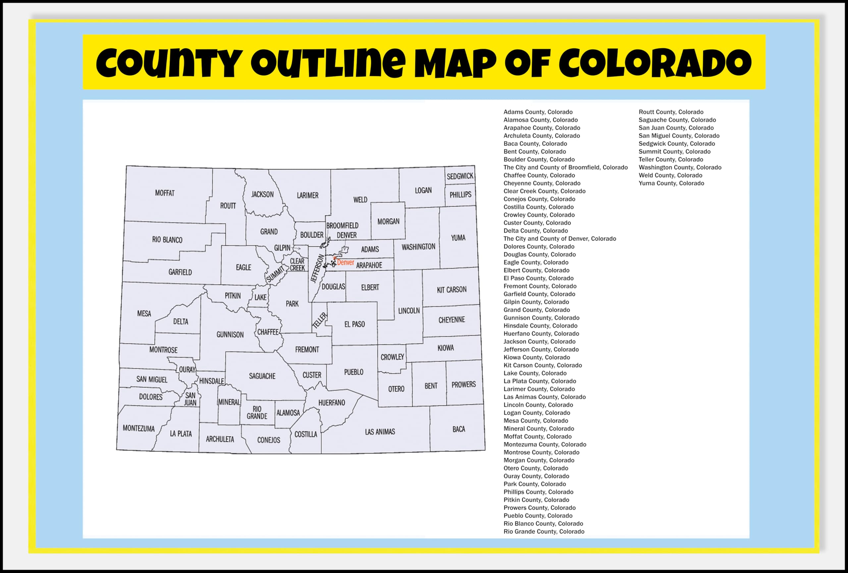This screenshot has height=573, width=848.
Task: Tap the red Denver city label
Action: click(345, 262)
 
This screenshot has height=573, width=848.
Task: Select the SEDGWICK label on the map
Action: click(460, 176)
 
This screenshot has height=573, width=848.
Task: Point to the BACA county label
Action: click(459, 429)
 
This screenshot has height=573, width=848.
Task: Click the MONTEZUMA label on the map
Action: click(139, 428)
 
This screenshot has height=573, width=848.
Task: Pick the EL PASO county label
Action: click(354, 324)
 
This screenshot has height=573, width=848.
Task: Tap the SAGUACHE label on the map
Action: click(262, 376)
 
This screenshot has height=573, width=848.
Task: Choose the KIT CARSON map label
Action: click(451, 290)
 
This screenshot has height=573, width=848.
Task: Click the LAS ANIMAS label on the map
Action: click(380, 432)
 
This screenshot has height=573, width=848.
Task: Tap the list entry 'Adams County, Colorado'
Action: click(538, 112)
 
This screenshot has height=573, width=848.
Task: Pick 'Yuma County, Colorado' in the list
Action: click(671, 183)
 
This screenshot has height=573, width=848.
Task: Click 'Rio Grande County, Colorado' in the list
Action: click(544, 531)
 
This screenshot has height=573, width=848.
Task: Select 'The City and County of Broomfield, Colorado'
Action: click(565, 167)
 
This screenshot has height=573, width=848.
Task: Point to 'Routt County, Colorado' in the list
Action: click(671, 112)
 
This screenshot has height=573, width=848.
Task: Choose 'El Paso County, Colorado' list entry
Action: click(538, 278)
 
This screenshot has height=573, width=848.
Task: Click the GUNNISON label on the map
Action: click(230, 334)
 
